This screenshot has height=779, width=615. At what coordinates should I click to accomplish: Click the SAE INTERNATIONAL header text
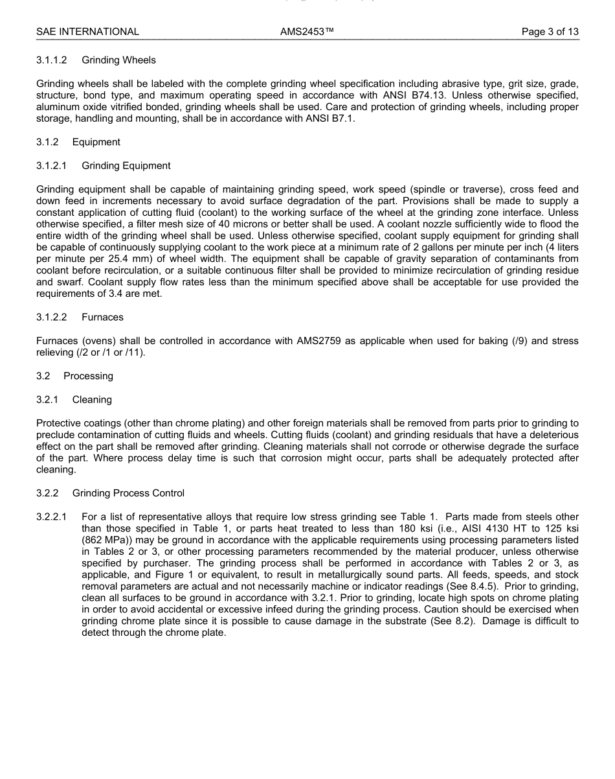[x=87, y=31]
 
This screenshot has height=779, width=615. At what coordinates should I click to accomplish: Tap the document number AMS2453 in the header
[x=307, y=31]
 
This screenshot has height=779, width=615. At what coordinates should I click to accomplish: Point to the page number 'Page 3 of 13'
[x=550, y=31]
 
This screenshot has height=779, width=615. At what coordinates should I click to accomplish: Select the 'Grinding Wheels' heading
[x=118, y=60]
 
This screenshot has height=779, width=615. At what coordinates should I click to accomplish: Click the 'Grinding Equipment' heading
[x=126, y=166]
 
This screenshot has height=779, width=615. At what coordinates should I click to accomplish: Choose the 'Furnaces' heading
[x=102, y=318]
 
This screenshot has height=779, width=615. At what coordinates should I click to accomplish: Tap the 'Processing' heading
[x=88, y=376]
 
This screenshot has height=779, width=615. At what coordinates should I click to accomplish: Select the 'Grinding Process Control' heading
[x=128, y=493]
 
